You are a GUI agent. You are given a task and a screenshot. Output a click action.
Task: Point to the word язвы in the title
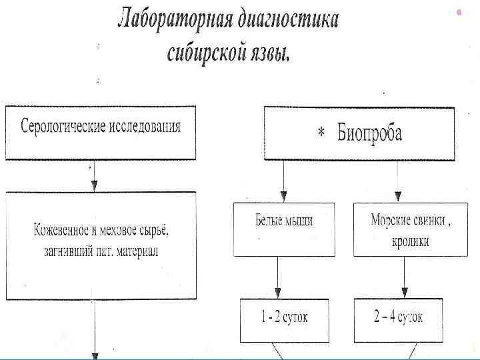coord(269,54)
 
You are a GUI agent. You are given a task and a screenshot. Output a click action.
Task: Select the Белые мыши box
coord(284,229)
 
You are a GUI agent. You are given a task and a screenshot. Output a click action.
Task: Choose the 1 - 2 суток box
coord(284,318)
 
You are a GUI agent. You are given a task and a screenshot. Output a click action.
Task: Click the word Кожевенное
coord(61,231)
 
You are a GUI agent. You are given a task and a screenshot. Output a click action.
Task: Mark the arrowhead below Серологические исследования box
coord(94,185)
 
